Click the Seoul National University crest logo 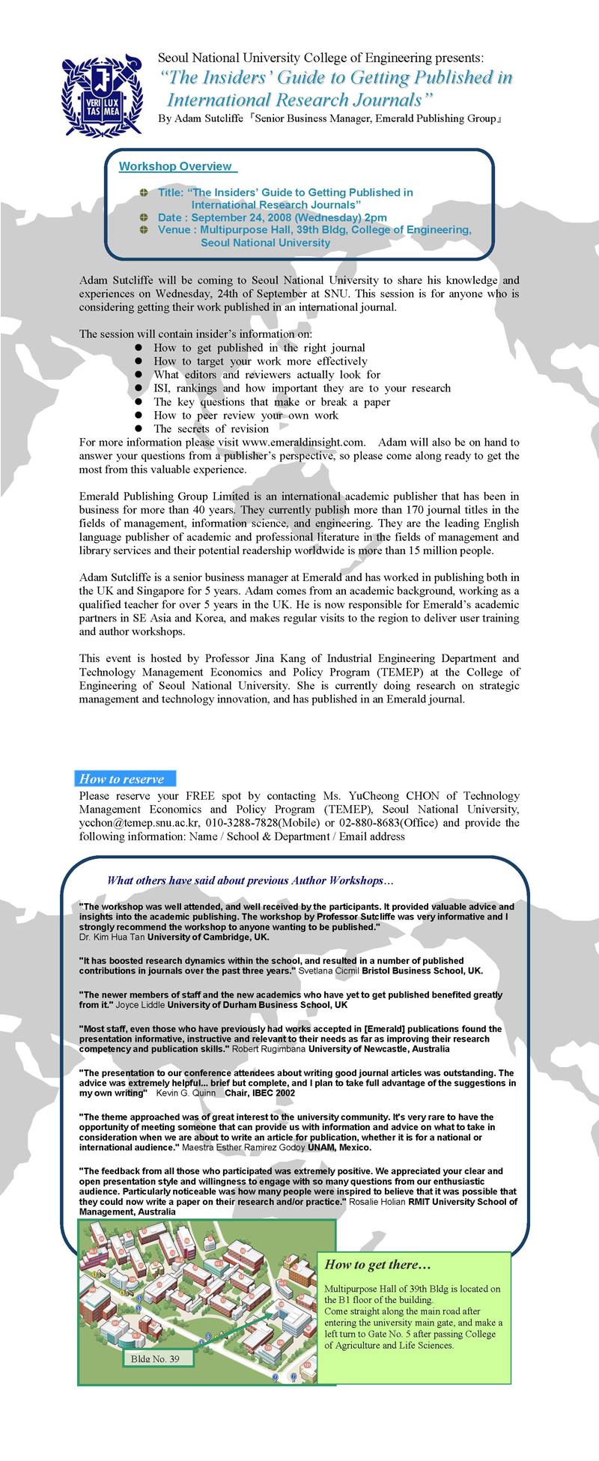(100, 92)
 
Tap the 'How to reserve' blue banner (125, 779)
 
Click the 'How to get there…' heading (377, 1265)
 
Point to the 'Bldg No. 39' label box (155, 1358)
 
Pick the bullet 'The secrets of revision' (211, 429)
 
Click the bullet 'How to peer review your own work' (246, 416)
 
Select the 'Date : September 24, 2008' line (273, 217)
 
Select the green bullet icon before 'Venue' (144, 230)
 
